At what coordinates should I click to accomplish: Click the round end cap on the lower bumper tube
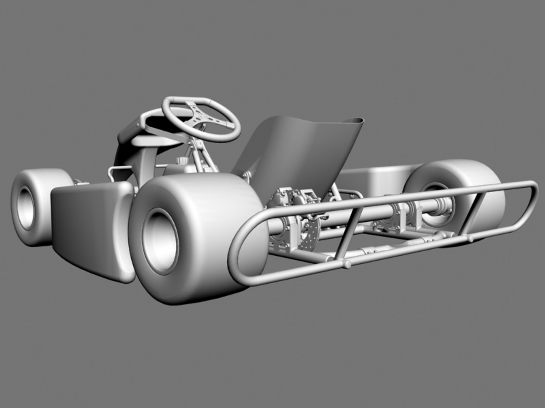point(346,264)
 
